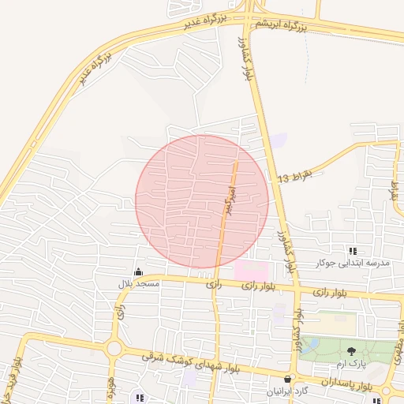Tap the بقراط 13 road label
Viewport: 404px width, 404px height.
pyautogui.click(x=295, y=177)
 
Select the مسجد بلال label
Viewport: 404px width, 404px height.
pyautogui.click(x=138, y=282)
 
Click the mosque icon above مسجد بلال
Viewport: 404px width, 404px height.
pyautogui.click(x=139, y=271)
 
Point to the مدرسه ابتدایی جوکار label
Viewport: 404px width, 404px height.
pyautogui.click(x=342, y=262)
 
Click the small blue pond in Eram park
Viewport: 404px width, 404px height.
pyautogui.click(x=313, y=345)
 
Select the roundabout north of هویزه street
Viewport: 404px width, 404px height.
pyautogui.click(x=114, y=348)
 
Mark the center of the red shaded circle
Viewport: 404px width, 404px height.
pyautogui.click(x=202, y=200)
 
